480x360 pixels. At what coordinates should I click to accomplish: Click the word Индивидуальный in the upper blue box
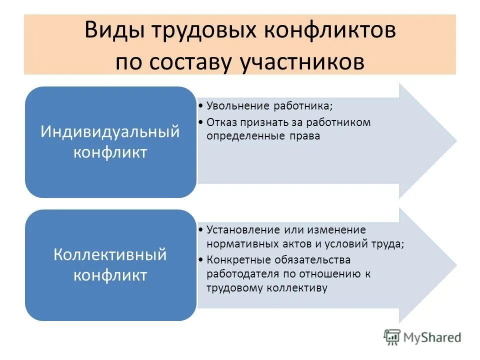(x=110, y=132)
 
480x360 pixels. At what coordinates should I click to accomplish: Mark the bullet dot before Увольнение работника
(x=200, y=106)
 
